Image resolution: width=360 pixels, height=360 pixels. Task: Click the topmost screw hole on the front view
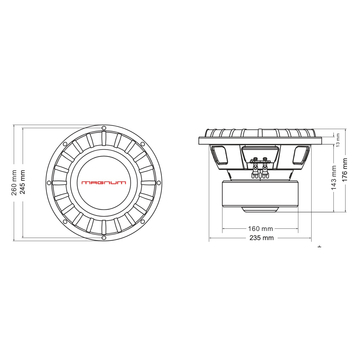point(111,104)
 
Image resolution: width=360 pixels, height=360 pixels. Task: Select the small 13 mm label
point(338,140)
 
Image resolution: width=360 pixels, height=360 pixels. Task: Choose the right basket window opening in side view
point(302,151)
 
